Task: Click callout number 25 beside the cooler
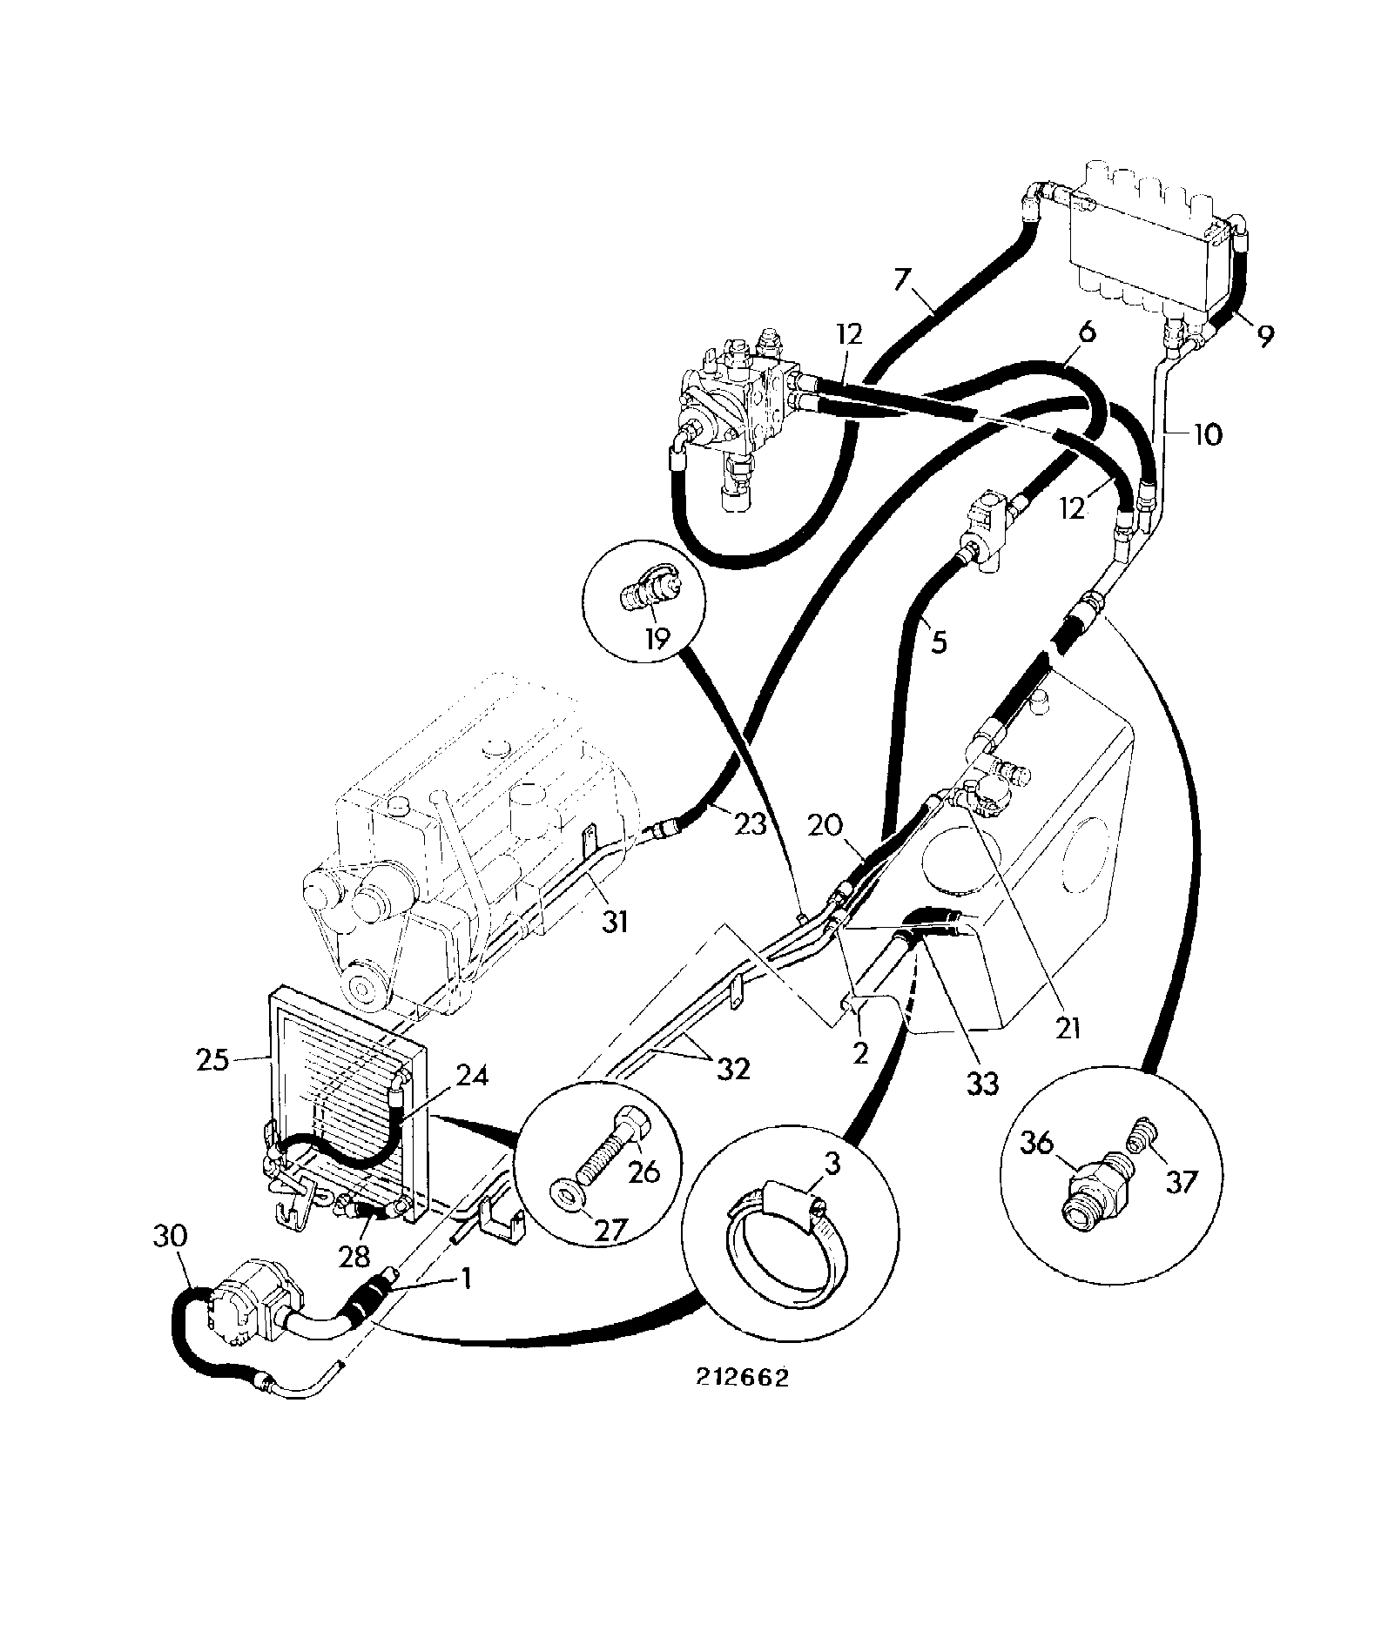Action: [212, 1060]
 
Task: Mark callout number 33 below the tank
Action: [982, 1083]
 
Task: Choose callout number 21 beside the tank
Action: [1068, 1028]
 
